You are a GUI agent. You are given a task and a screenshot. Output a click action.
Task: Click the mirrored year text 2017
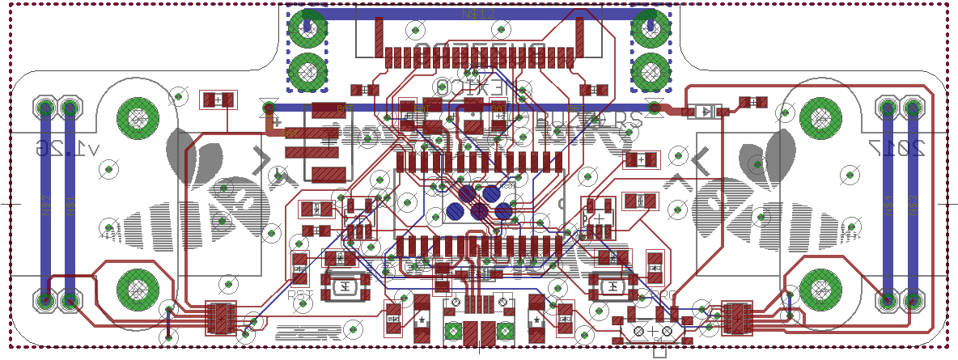click(x=896, y=148)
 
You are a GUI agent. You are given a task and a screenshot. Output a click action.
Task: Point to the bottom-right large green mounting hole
click(x=821, y=287)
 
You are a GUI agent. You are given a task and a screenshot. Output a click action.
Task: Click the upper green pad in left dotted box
click(x=308, y=29)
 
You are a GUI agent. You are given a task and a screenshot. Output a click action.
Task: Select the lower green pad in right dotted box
click(x=651, y=74)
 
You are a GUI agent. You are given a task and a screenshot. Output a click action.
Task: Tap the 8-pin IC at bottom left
click(x=221, y=318)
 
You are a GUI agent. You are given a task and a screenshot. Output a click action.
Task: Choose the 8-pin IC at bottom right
click(x=737, y=318)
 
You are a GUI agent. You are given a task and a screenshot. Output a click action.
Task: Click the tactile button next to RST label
click(x=345, y=285)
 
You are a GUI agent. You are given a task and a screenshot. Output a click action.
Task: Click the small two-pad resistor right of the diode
click(x=754, y=102)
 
